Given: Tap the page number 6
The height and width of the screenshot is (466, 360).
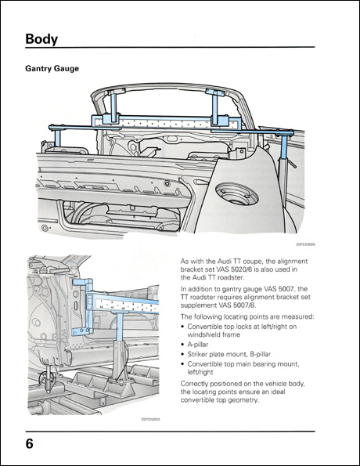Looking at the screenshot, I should [x=29, y=444].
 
